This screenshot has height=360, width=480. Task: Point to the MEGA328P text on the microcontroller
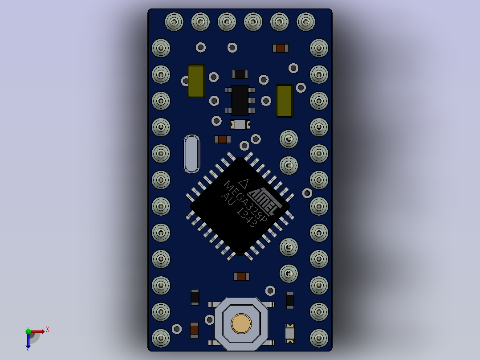tap(245, 202)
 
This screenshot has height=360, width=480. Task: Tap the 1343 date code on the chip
tap(246, 218)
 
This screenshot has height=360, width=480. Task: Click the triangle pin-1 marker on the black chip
tap(244, 183)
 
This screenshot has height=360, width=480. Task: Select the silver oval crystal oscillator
tap(192, 154)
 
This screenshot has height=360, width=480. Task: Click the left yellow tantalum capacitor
tap(196, 81)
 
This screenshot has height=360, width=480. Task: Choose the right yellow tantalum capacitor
tap(285, 101)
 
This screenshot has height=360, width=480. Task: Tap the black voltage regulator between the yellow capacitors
tap(240, 100)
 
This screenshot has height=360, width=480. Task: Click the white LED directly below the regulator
tap(240, 125)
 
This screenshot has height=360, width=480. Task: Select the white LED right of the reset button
tap(290, 333)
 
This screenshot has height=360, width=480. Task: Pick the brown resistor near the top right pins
tap(281, 48)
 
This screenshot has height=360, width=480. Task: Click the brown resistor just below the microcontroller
tap(241, 276)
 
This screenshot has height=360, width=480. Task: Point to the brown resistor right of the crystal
tap(222, 139)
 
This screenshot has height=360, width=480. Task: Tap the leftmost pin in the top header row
tap(174, 21)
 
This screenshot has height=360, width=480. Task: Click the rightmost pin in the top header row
tap(306, 21)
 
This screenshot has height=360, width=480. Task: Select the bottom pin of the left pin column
tap(161, 338)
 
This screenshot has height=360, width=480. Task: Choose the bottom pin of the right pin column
tap(319, 338)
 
